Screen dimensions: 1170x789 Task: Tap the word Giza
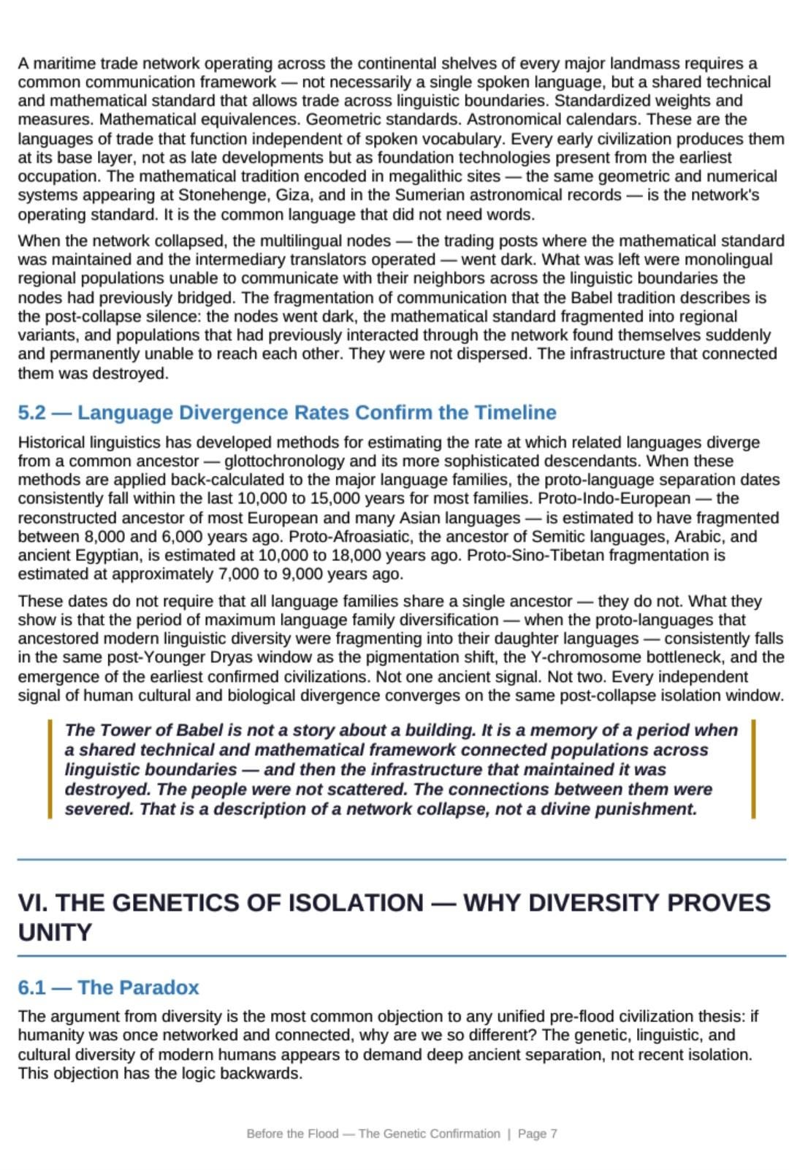tap(295, 195)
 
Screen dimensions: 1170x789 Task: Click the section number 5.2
tap(31, 413)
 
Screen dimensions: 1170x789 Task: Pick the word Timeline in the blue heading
tap(515, 413)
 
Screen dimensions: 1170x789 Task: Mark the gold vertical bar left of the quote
tap(50, 769)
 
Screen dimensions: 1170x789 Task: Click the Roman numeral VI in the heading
tap(32, 903)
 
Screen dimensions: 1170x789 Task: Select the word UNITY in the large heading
tap(55, 933)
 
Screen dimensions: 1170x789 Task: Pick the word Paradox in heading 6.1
tap(138, 987)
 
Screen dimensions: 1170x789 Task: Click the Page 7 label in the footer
tap(537, 1133)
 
